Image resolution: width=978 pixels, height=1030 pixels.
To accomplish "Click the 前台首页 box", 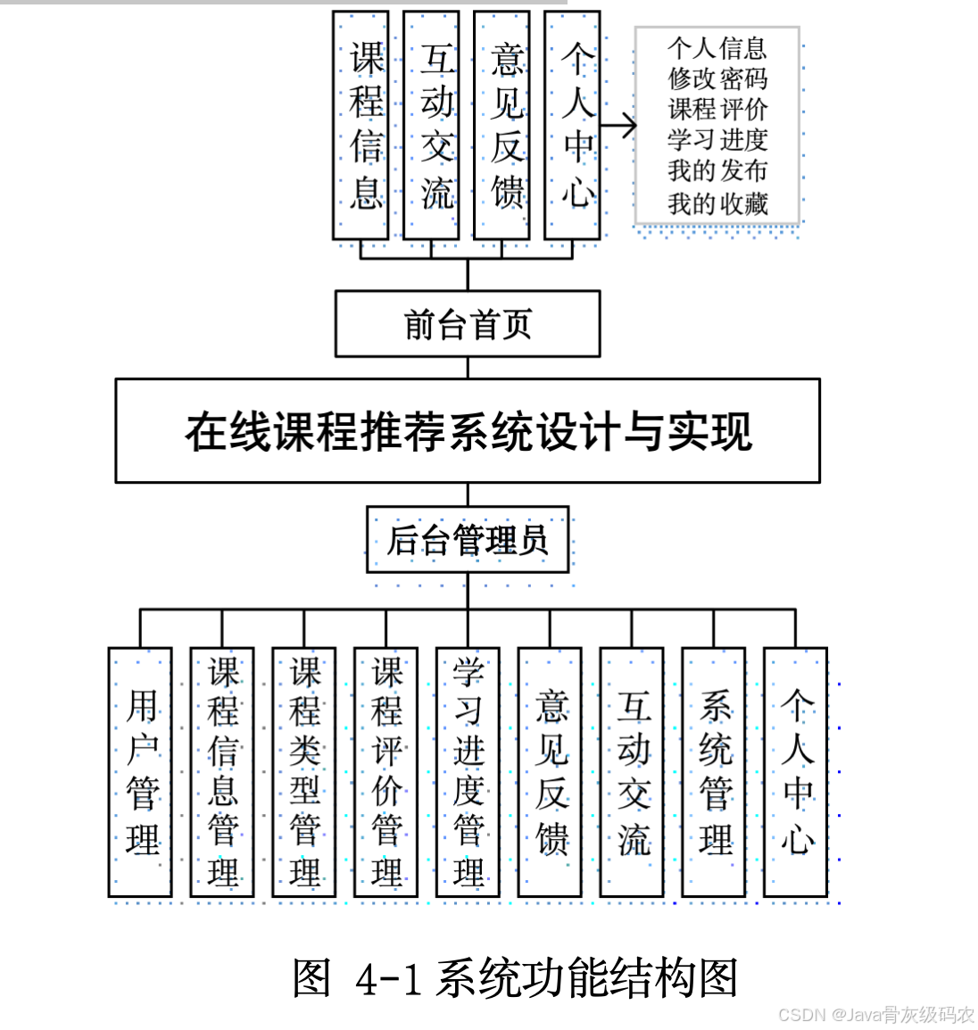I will pyautogui.click(x=467, y=324).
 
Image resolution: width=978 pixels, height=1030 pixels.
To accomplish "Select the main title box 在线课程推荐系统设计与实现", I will pyautogui.click(x=467, y=431).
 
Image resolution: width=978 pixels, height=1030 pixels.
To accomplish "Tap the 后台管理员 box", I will pyautogui.click(x=467, y=540).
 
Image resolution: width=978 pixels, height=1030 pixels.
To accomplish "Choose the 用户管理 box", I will pyautogui.click(x=140, y=772).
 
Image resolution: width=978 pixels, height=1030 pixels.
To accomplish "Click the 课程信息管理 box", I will pyautogui.click(x=222, y=772).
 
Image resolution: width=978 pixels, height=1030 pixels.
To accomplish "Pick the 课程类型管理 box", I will pyautogui.click(x=304, y=772).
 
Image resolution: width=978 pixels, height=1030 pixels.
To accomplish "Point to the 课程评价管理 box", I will pyautogui.click(x=386, y=772).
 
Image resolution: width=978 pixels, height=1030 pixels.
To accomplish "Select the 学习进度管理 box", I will pyautogui.click(x=468, y=772).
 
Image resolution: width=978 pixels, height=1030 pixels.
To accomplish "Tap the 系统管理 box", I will pyautogui.click(x=714, y=772).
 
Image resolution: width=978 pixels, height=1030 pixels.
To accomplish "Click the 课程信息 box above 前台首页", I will pyautogui.click(x=361, y=125).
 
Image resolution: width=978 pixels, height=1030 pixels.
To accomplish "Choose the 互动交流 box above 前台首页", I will pyautogui.click(x=431, y=125).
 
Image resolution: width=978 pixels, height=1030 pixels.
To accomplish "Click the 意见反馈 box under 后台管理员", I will pyautogui.click(x=550, y=772).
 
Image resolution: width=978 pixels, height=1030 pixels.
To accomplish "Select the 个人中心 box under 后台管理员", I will pyautogui.click(x=796, y=772).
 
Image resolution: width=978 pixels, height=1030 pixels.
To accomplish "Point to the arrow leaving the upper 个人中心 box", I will pyautogui.click(x=618, y=126).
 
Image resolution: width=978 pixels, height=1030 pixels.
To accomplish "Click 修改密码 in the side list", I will pyautogui.click(x=717, y=79).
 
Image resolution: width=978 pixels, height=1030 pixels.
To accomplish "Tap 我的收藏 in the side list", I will pyautogui.click(x=717, y=204).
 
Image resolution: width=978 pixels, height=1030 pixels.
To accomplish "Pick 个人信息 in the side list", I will pyautogui.click(x=717, y=47).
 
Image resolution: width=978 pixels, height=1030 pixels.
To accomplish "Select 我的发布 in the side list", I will pyautogui.click(x=717, y=170).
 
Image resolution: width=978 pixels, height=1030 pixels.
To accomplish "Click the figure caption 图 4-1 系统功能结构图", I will pyautogui.click(x=515, y=978).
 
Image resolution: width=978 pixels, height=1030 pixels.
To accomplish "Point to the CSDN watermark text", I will pyautogui.click(x=875, y=1015).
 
